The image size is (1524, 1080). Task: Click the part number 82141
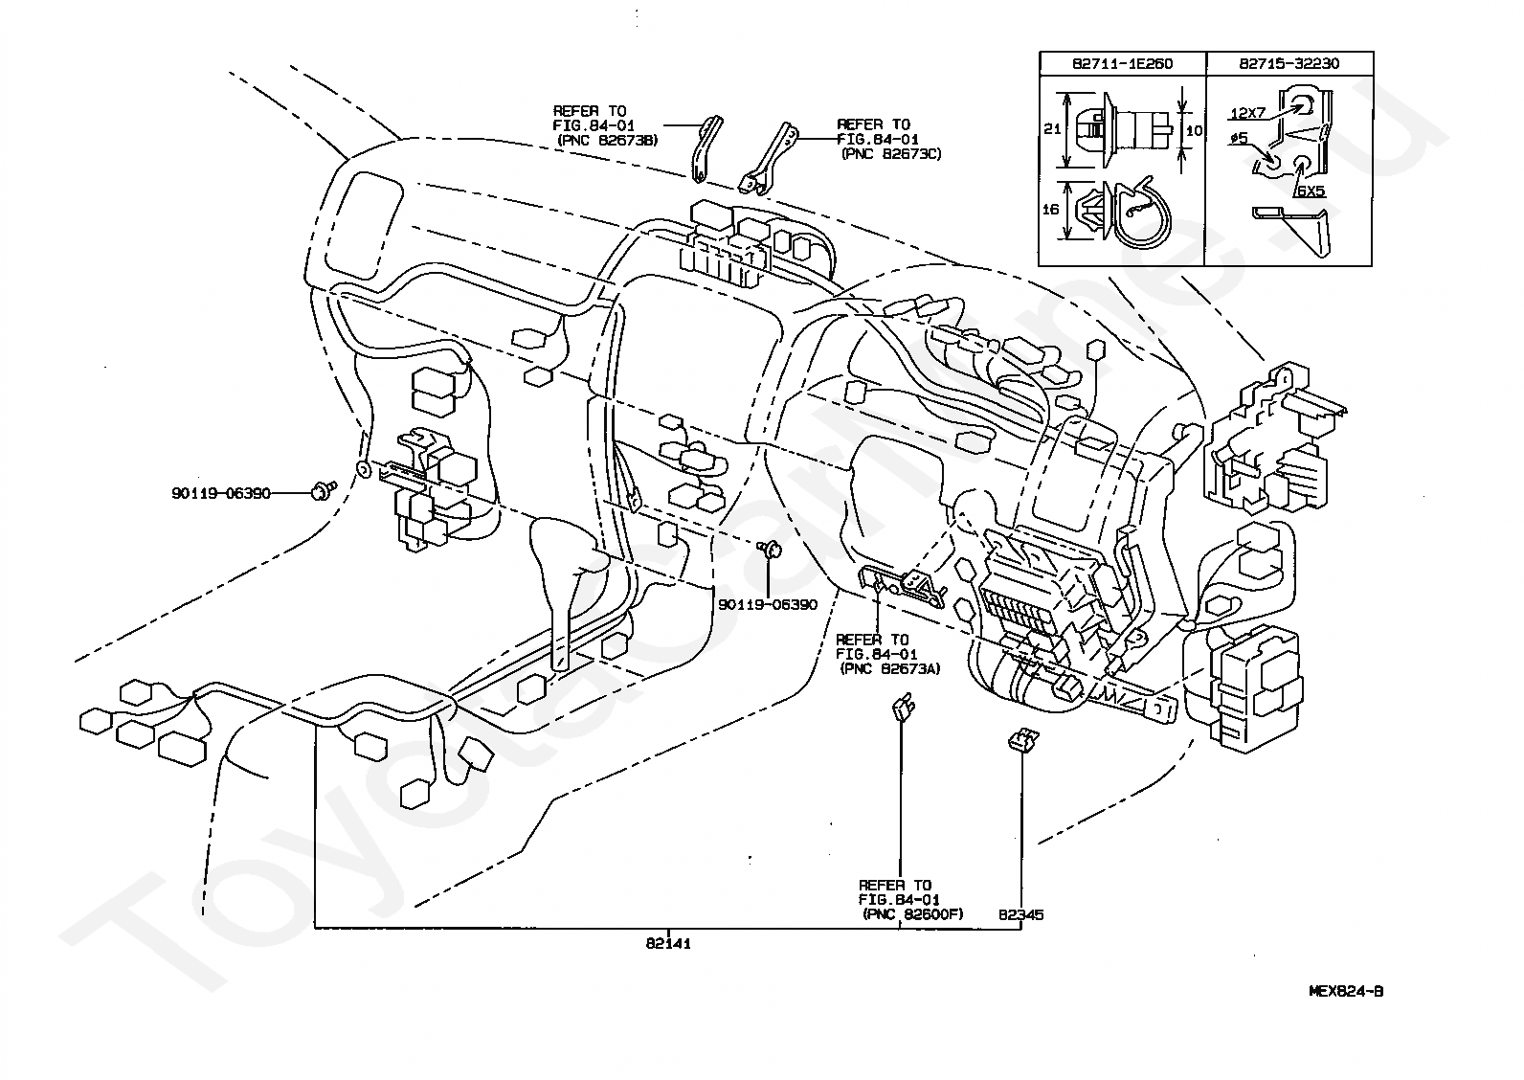668,943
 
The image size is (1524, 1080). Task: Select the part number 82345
1020,914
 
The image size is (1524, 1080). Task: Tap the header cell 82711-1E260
1123,63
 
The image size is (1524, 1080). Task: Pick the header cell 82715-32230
1289,63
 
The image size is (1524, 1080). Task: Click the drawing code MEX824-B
1346,991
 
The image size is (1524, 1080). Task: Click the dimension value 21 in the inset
1052,128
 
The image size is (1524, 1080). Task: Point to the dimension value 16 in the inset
1050,209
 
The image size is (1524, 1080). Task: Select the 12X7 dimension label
1247,113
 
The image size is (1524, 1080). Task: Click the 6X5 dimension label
1311,191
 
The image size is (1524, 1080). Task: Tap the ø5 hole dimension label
1239,138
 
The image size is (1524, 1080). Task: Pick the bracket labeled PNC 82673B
706,149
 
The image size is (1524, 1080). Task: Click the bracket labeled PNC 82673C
768,161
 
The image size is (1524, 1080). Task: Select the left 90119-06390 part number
221,493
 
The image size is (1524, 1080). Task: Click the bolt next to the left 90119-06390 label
324,490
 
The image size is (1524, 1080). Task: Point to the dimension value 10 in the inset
1194,130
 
